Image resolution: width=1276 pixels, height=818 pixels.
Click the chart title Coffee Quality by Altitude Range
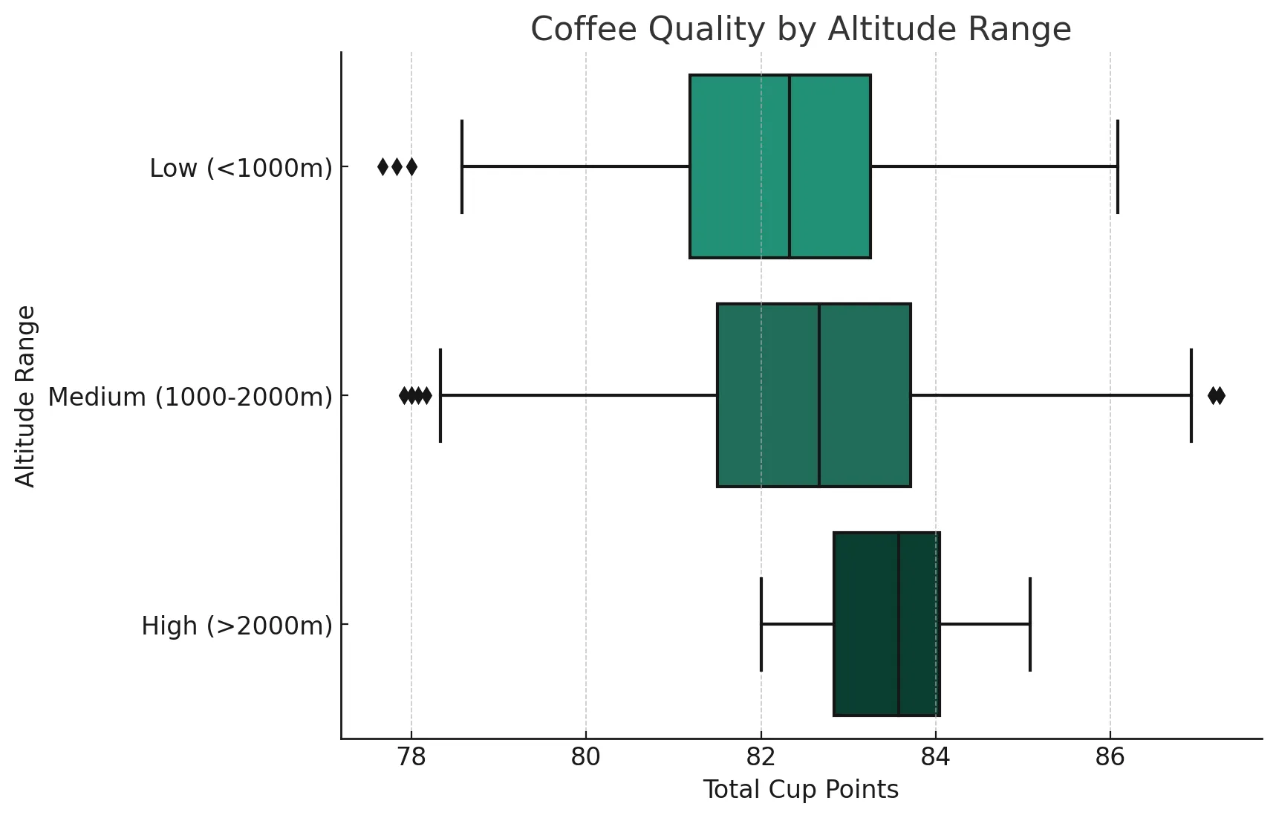pos(801,30)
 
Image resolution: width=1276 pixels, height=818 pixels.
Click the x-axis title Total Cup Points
pos(801,790)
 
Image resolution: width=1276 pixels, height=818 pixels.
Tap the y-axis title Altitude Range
pos(26,396)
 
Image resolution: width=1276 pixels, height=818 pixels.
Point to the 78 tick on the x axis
pos(411,757)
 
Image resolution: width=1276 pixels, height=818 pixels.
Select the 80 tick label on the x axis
pos(586,757)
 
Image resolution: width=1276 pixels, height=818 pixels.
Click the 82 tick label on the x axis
pos(761,757)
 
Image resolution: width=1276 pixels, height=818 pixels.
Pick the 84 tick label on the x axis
pos(935,757)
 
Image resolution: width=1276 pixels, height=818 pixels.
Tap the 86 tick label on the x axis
pos(1110,757)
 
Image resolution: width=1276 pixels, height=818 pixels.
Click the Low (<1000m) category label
pos(241,169)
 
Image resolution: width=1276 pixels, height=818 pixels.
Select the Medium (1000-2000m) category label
pos(190,397)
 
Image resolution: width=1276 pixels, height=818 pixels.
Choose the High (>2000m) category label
pos(237,626)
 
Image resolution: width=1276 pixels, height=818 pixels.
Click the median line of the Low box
pos(790,166)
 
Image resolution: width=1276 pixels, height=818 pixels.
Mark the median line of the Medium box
pos(819,395)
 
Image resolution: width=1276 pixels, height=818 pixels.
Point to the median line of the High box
pos(899,624)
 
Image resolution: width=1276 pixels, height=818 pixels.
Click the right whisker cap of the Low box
pos(1117,166)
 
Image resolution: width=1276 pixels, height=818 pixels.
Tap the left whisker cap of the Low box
pos(462,166)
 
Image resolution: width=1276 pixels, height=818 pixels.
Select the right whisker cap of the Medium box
pos(1191,395)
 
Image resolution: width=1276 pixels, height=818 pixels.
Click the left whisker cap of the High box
pos(761,624)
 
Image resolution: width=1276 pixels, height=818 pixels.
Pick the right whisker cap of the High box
pos(1030,624)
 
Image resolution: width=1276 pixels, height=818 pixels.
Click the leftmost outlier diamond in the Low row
pos(383,166)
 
